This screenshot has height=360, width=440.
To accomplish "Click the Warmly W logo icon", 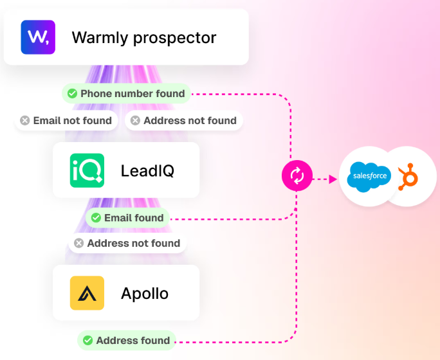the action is tap(38, 37).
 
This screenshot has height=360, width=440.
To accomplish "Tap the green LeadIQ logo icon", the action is tap(87, 170).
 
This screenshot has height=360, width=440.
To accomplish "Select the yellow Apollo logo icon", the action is tap(87, 293).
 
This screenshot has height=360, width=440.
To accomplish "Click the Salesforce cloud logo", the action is tap(369, 177).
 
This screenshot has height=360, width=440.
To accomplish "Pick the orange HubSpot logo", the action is tap(408, 177).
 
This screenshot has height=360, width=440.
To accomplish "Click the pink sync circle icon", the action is tap(297, 175).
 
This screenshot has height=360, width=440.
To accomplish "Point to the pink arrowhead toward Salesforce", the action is tap(333, 179).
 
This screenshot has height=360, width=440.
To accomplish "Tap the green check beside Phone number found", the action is tap(72, 93).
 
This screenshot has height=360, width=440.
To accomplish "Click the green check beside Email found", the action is tap(96, 217).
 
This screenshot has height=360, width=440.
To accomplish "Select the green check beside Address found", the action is tap(88, 340).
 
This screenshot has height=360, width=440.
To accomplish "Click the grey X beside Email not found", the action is tap(24, 121).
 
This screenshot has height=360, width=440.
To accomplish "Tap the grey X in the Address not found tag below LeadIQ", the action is tap(79, 243).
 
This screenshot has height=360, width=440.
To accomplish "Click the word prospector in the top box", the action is tap(174, 38).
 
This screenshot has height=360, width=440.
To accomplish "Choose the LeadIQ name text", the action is tap(147, 170).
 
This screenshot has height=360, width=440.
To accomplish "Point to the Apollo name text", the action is tap(145, 294).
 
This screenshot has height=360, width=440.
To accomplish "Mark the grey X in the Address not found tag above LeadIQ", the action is tap(135, 121).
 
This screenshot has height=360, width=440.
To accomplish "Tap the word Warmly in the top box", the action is tap(100, 38).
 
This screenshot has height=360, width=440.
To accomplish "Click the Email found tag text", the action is tap(134, 218).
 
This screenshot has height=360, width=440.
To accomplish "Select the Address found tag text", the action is tap(133, 340).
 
